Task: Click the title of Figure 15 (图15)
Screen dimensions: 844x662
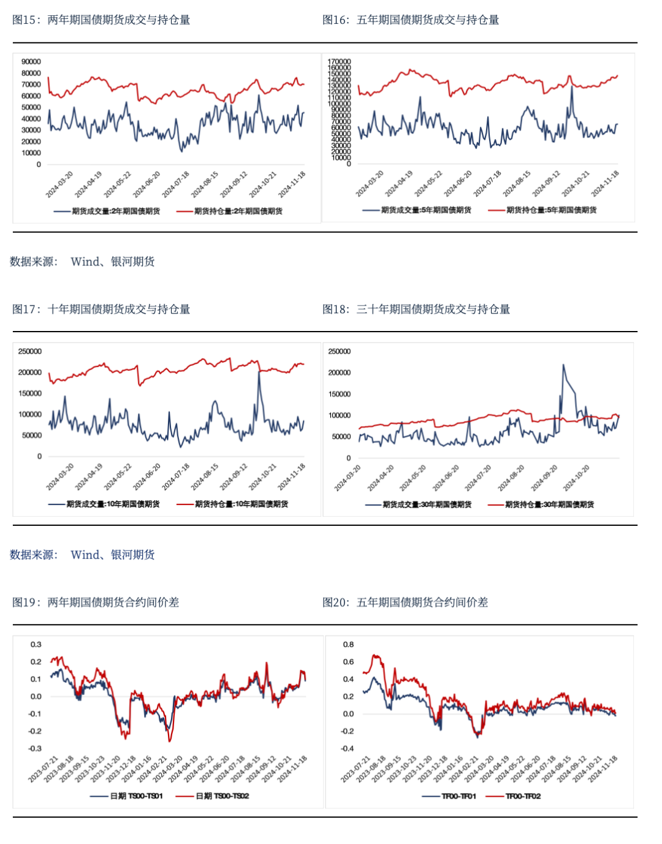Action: [x=101, y=20]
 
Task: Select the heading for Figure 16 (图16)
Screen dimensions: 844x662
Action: [x=411, y=20]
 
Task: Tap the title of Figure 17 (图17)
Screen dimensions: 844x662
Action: [x=101, y=309]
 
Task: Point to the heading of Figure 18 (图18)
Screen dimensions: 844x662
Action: [x=416, y=309]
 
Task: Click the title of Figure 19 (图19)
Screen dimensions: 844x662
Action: [x=96, y=602]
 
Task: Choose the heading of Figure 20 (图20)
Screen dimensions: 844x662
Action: [x=405, y=602]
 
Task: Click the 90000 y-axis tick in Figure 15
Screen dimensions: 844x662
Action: [x=31, y=61]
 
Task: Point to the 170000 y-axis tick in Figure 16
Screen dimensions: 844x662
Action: [x=339, y=61]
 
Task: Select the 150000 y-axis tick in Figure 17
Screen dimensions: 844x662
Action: [x=30, y=393]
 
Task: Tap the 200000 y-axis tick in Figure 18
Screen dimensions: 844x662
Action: [x=340, y=373]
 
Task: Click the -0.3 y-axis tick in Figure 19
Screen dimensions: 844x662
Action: [x=36, y=748]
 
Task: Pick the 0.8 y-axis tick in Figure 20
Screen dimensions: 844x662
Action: [x=348, y=644]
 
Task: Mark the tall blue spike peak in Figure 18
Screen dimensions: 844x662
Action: [x=563, y=365]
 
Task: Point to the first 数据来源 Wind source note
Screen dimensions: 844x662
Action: [x=82, y=262]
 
